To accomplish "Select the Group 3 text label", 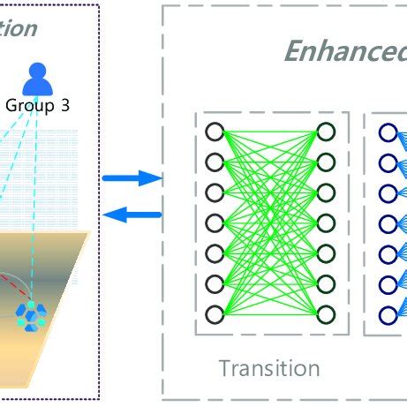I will click(x=37, y=105).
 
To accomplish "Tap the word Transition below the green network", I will click(x=269, y=367).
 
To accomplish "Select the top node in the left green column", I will click(x=214, y=132).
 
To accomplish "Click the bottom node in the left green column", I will click(x=214, y=314).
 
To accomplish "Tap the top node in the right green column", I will click(x=326, y=132).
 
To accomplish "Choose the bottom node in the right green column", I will click(x=326, y=314).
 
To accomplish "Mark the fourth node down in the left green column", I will click(x=214, y=223).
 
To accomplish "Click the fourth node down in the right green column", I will click(x=326, y=223).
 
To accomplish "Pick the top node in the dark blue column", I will click(x=388, y=132).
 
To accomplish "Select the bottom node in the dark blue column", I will click(x=388, y=314).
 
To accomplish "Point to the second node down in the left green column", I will click(x=214, y=162).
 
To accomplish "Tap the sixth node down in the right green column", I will click(x=326, y=284).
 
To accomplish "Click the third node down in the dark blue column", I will click(x=388, y=193).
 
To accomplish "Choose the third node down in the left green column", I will click(x=214, y=193).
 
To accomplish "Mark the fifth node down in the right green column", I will click(x=326, y=254).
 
